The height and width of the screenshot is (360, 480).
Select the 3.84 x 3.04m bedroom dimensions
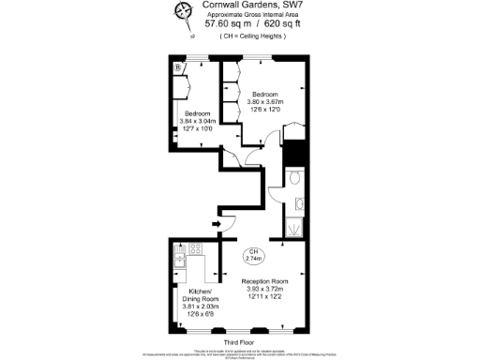pos(198,121)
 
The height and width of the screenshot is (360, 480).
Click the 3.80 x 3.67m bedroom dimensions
pos(264,101)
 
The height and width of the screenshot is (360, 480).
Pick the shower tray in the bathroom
pos(294,227)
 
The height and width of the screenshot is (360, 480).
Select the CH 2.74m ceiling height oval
pos(255,254)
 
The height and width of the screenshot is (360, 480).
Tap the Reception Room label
pos(264,281)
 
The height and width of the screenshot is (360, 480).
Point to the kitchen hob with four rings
pos(197,249)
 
